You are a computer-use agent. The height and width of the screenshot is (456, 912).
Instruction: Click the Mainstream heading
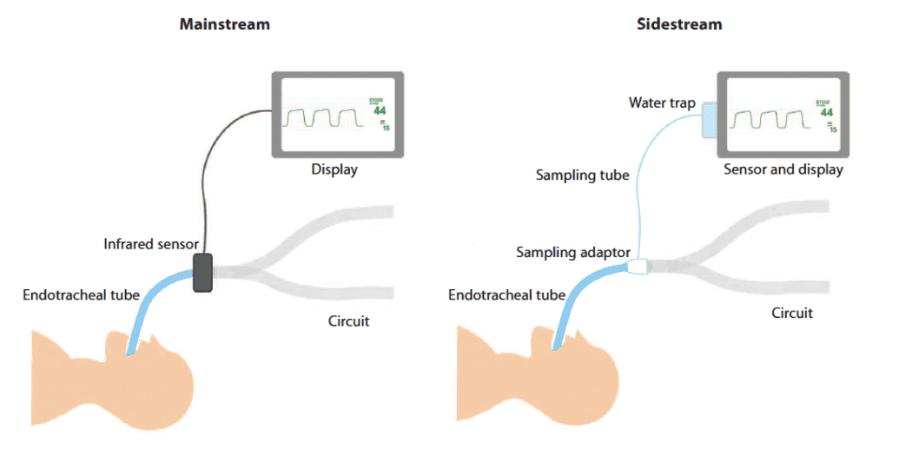[224, 24]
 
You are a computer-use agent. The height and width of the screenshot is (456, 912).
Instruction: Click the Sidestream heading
[678, 24]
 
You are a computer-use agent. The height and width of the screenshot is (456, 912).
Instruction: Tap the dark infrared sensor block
[202, 272]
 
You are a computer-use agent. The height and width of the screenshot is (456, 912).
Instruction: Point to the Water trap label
[662, 103]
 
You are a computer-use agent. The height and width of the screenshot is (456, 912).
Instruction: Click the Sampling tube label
[582, 175]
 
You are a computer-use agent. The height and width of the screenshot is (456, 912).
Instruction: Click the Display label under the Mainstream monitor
[334, 169]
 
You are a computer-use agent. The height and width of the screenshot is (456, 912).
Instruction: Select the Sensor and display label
[783, 169]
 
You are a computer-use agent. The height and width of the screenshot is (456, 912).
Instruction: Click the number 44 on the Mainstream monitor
[380, 111]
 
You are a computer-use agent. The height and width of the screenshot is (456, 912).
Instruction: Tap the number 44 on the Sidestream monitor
[826, 113]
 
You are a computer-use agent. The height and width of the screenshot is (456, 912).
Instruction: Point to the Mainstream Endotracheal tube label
[82, 295]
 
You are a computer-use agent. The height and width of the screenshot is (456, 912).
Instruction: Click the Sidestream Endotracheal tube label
[506, 295]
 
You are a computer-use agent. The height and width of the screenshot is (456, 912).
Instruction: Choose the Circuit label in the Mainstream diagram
[349, 321]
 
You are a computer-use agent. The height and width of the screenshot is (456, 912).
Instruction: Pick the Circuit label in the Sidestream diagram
[792, 313]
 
